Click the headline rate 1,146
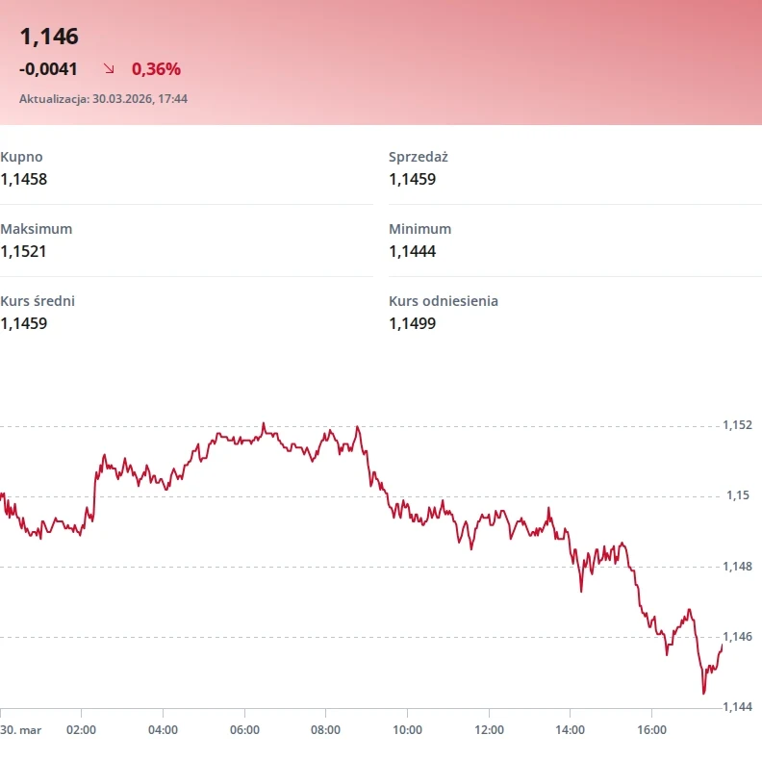(49, 37)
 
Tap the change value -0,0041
(48, 68)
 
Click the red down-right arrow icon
(109, 68)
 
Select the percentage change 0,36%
(156, 68)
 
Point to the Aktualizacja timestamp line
(103, 98)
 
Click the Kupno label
(21, 157)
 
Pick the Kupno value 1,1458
(24, 179)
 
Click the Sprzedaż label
(419, 157)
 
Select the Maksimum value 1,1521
(24, 251)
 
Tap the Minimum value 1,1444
(413, 251)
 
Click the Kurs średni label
(38, 301)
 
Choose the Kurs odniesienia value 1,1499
(413, 323)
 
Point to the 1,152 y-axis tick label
(737, 425)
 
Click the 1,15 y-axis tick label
(737, 495)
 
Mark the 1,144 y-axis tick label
(737, 707)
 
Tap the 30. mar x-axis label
(21, 730)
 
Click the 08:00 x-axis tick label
(326, 730)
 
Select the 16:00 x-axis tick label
(651, 730)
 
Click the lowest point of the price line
(704, 693)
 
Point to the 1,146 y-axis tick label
(737, 637)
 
